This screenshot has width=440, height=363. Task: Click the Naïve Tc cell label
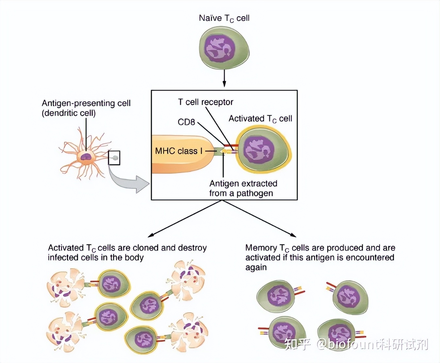tap(224, 18)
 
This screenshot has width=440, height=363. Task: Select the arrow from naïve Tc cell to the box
tap(224, 78)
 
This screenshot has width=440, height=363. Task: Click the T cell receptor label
tap(205, 102)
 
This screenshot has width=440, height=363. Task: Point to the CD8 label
tap(186, 122)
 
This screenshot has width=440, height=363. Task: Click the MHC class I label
tap(178, 151)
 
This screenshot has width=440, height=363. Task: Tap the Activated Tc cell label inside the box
tap(260, 119)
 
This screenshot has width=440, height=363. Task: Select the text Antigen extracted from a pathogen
tap(243, 188)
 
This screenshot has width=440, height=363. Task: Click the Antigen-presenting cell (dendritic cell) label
tap(86, 108)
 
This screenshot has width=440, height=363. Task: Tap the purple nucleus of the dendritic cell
tap(86, 157)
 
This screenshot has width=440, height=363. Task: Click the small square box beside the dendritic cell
tap(114, 158)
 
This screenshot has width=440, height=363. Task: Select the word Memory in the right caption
tap(261, 248)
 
